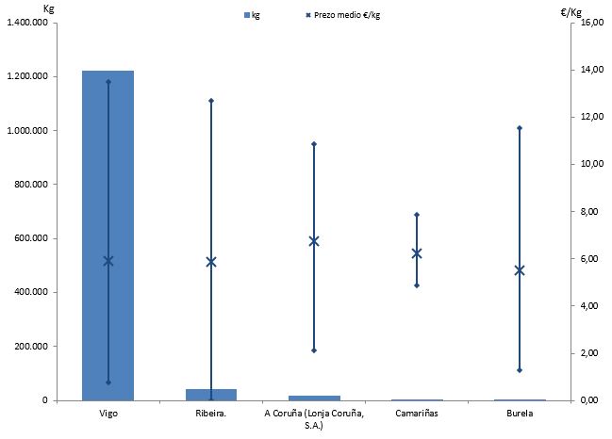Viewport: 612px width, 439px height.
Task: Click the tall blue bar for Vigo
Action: [108, 236]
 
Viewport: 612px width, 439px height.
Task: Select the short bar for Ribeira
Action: [211, 394]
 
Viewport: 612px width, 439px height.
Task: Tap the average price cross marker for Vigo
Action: [108, 261]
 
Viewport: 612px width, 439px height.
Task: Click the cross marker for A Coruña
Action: [314, 241]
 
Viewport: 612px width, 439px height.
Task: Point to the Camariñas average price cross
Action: [417, 253]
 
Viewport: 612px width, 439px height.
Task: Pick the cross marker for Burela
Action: [520, 270]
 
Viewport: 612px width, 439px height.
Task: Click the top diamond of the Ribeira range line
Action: [211, 100]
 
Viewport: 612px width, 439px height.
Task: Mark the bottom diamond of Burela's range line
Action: [520, 370]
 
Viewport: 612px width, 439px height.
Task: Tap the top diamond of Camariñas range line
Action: [417, 215]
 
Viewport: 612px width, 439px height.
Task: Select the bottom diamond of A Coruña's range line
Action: [314, 350]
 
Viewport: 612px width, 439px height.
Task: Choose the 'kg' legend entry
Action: [252, 15]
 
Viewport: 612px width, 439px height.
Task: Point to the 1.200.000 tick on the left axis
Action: [27, 76]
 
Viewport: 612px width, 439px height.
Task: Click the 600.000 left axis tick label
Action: [31, 238]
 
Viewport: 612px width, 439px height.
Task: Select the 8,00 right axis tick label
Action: [589, 211]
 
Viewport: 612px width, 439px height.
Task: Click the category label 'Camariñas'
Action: [417, 414]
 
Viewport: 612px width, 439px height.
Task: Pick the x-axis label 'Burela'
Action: [520, 414]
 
